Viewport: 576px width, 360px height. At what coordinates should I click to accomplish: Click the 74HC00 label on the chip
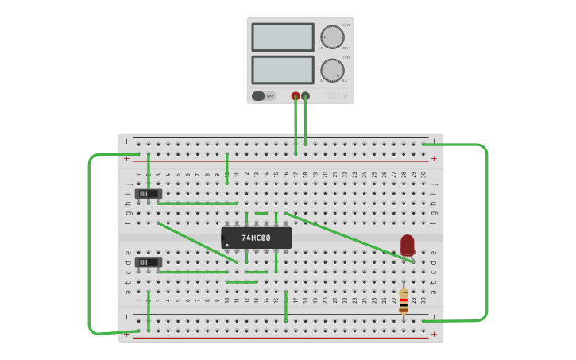[256, 238]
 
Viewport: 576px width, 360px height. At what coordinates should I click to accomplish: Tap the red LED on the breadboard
[408, 244]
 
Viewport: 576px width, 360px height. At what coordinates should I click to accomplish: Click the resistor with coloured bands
[404, 301]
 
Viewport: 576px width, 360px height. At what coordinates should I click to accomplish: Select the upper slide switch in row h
[149, 193]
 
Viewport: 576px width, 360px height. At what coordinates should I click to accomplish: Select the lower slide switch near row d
[149, 261]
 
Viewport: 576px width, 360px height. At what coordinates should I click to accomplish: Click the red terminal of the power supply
[296, 96]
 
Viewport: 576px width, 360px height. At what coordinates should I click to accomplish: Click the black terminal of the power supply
[306, 96]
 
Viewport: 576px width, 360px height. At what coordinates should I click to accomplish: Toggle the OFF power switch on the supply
[259, 96]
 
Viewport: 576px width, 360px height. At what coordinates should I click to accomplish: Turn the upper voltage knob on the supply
[332, 37]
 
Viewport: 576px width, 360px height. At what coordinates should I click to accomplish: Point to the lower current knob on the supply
[332, 69]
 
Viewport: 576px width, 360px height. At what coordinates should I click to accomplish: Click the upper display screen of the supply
[283, 37]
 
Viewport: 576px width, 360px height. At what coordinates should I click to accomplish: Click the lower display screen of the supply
[283, 69]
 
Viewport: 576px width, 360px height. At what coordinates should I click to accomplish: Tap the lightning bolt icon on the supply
[346, 96]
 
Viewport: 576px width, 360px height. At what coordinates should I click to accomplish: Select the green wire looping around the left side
[89, 238]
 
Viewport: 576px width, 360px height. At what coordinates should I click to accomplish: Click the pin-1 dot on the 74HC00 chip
[227, 245]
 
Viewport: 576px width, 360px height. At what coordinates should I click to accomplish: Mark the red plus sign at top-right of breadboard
[434, 158]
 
